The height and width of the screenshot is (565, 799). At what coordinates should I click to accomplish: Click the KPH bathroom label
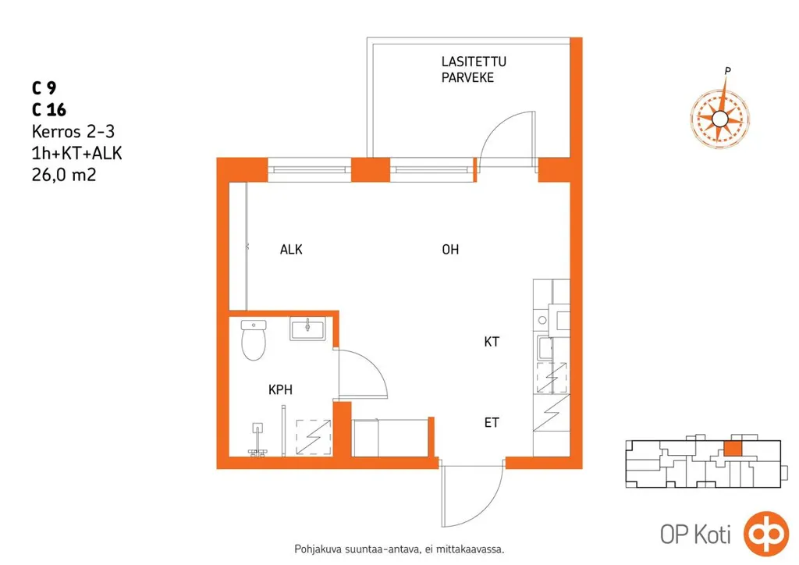pyautogui.click(x=280, y=389)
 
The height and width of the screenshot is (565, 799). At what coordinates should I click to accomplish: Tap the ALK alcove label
pyautogui.click(x=291, y=249)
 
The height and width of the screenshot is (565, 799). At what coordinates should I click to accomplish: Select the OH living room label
pyautogui.click(x=450, y=249)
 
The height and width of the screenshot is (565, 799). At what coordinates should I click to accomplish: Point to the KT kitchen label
pyautogui.click(x=492, y=341)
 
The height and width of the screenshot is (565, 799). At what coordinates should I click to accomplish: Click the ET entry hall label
pyautogui.click(x=492, y=422)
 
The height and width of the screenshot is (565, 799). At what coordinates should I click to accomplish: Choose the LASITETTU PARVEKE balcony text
pyautogui.click(x=474, y=69)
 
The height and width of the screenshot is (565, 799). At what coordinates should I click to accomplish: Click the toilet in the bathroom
pyautogui.click(x=254, y=339)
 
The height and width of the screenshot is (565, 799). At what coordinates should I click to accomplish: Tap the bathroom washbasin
pyautogui.click(x=307, y=329)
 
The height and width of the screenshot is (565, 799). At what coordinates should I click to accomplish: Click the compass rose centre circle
pyautogui.click(x=719, y=119)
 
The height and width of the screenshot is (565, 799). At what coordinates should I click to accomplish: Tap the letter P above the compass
pyautogui.click(x=728, y=71)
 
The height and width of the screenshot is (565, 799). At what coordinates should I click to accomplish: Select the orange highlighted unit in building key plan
pyautogui.click(x=733, y=448)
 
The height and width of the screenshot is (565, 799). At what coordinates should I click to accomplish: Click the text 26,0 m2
pyautogui.click(x=64, y=176)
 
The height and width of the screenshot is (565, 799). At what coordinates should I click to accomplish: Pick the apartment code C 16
pyautogui.click(x=49, y=109)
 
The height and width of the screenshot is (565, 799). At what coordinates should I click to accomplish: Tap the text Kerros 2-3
pyautogui.click(x=73, y=131)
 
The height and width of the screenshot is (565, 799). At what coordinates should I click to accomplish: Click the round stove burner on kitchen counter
pyautogui.click(x=542, y=320)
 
